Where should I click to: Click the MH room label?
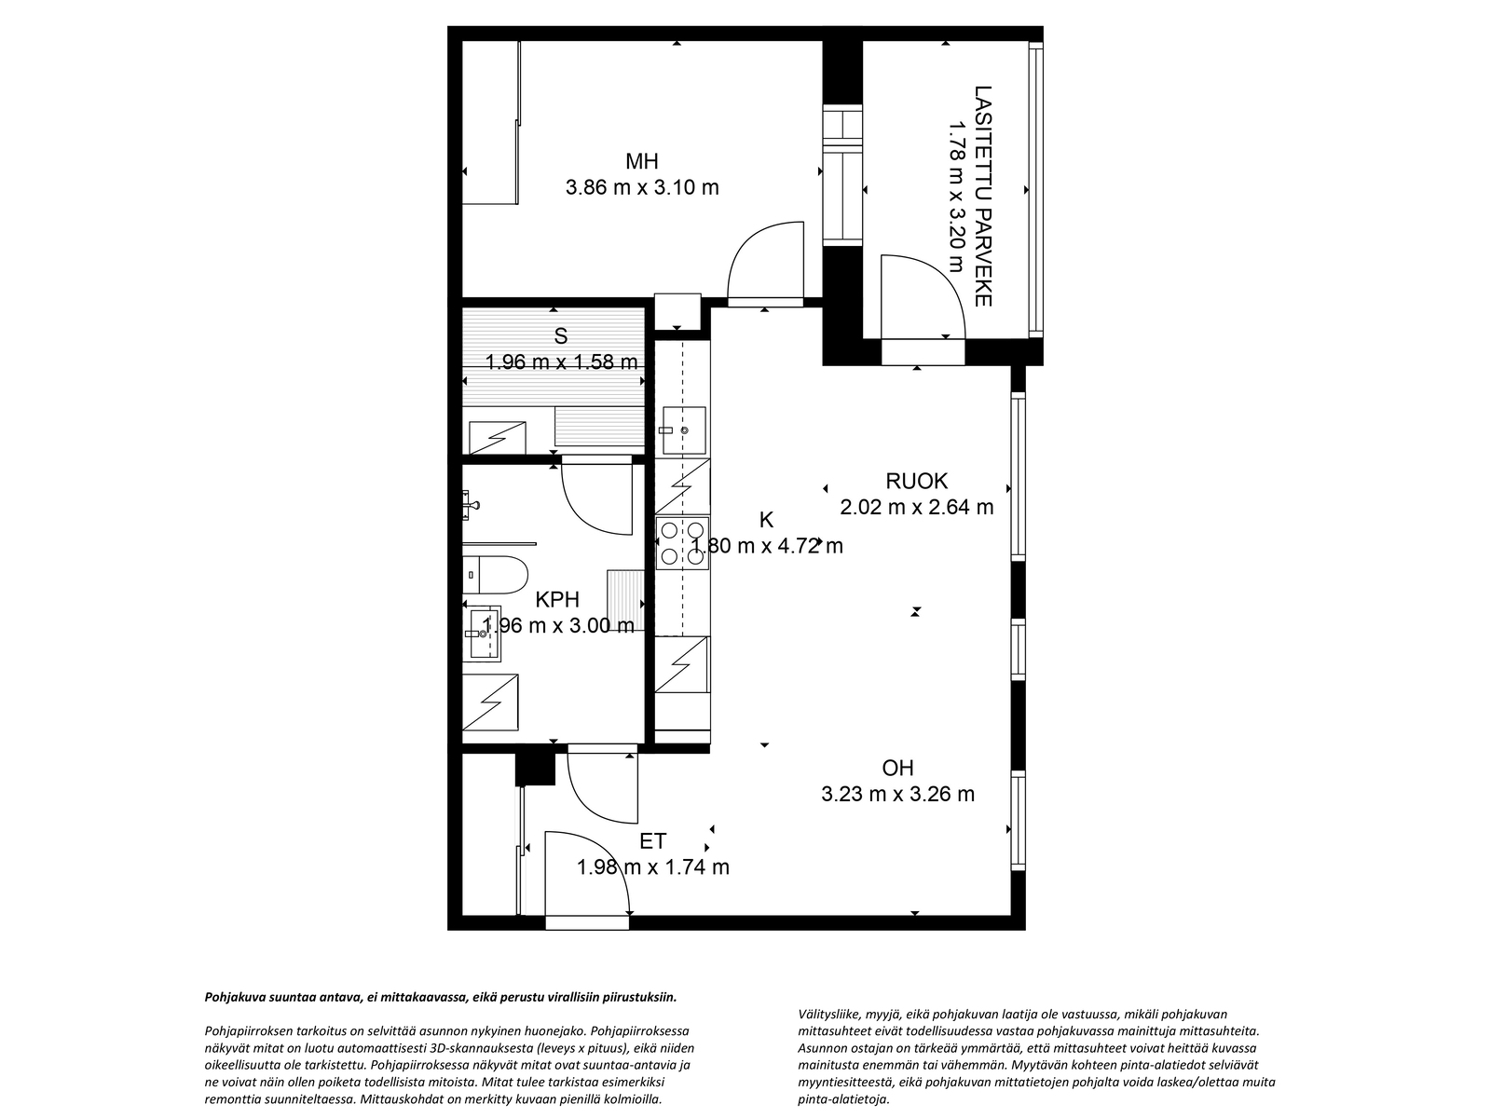[641, 161]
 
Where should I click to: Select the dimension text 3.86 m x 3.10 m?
[642, 187]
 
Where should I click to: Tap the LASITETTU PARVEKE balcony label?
[983, 196]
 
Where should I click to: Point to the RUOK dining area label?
[916, 482]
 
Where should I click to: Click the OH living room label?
[897, 768]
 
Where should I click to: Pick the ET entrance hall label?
[653, 841]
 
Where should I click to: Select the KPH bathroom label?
[557, 599]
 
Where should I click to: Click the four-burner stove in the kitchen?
[682, 542]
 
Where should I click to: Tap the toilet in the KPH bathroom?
[495, 575]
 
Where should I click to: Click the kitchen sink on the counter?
[683, 430]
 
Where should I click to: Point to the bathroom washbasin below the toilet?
[483, 634]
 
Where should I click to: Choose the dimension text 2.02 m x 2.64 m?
[916, 507]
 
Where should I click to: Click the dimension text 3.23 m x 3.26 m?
[897, 794]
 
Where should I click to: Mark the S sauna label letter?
[560, 336]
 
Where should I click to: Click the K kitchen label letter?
[766, 520]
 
